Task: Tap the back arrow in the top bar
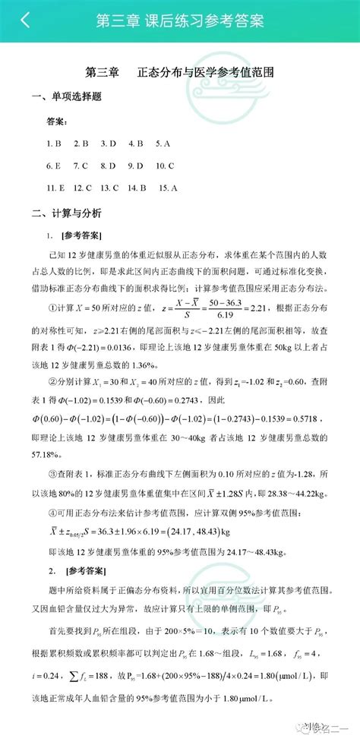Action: point(25,21)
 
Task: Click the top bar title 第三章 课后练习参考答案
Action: point(180,21)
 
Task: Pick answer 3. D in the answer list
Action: point(108,143)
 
